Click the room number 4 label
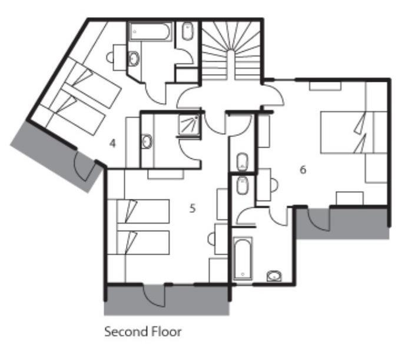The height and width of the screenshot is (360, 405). (x=112, y=143)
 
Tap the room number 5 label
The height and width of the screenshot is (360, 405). (x=192, y=208)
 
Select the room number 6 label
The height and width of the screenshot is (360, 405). (x=303, y=169)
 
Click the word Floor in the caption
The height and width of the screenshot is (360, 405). (x=166, y=331)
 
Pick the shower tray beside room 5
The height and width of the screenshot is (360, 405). (x=189, y=125)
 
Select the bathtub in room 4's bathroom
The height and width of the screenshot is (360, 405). (x=151, y=32)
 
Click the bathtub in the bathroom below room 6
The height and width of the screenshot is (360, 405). (x=243, y=258)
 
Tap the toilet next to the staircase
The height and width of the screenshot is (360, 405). (x=188, y=31)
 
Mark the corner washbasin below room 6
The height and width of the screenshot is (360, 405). (x=274, y=276)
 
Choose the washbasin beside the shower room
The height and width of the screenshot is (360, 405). (x=147, y=141)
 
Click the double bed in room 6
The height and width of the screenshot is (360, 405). (x=354, y=132)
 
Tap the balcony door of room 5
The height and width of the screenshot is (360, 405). (x=154, y=297)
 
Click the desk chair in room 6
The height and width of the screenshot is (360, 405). (x=274, y=185)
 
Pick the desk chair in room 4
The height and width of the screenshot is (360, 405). (x=110, y=57)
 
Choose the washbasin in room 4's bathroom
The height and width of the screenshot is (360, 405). (x=134, y=58)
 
